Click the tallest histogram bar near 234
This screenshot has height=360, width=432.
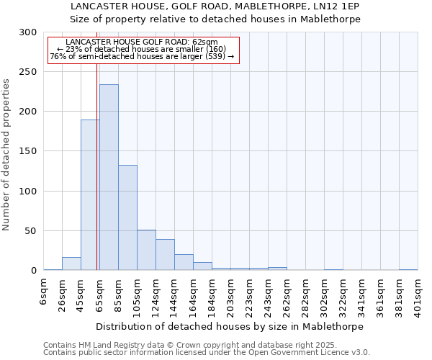[109, 178]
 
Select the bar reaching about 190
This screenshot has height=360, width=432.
[90, 195]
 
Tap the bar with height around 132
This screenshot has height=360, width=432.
[127, 217]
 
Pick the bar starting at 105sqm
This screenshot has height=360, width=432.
[146, 251]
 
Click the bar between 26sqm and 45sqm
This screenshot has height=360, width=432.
[71, 264]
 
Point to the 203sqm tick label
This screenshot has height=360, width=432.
[231, 293]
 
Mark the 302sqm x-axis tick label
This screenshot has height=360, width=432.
[325, 293]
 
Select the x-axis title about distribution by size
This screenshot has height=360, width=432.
[230, 326]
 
